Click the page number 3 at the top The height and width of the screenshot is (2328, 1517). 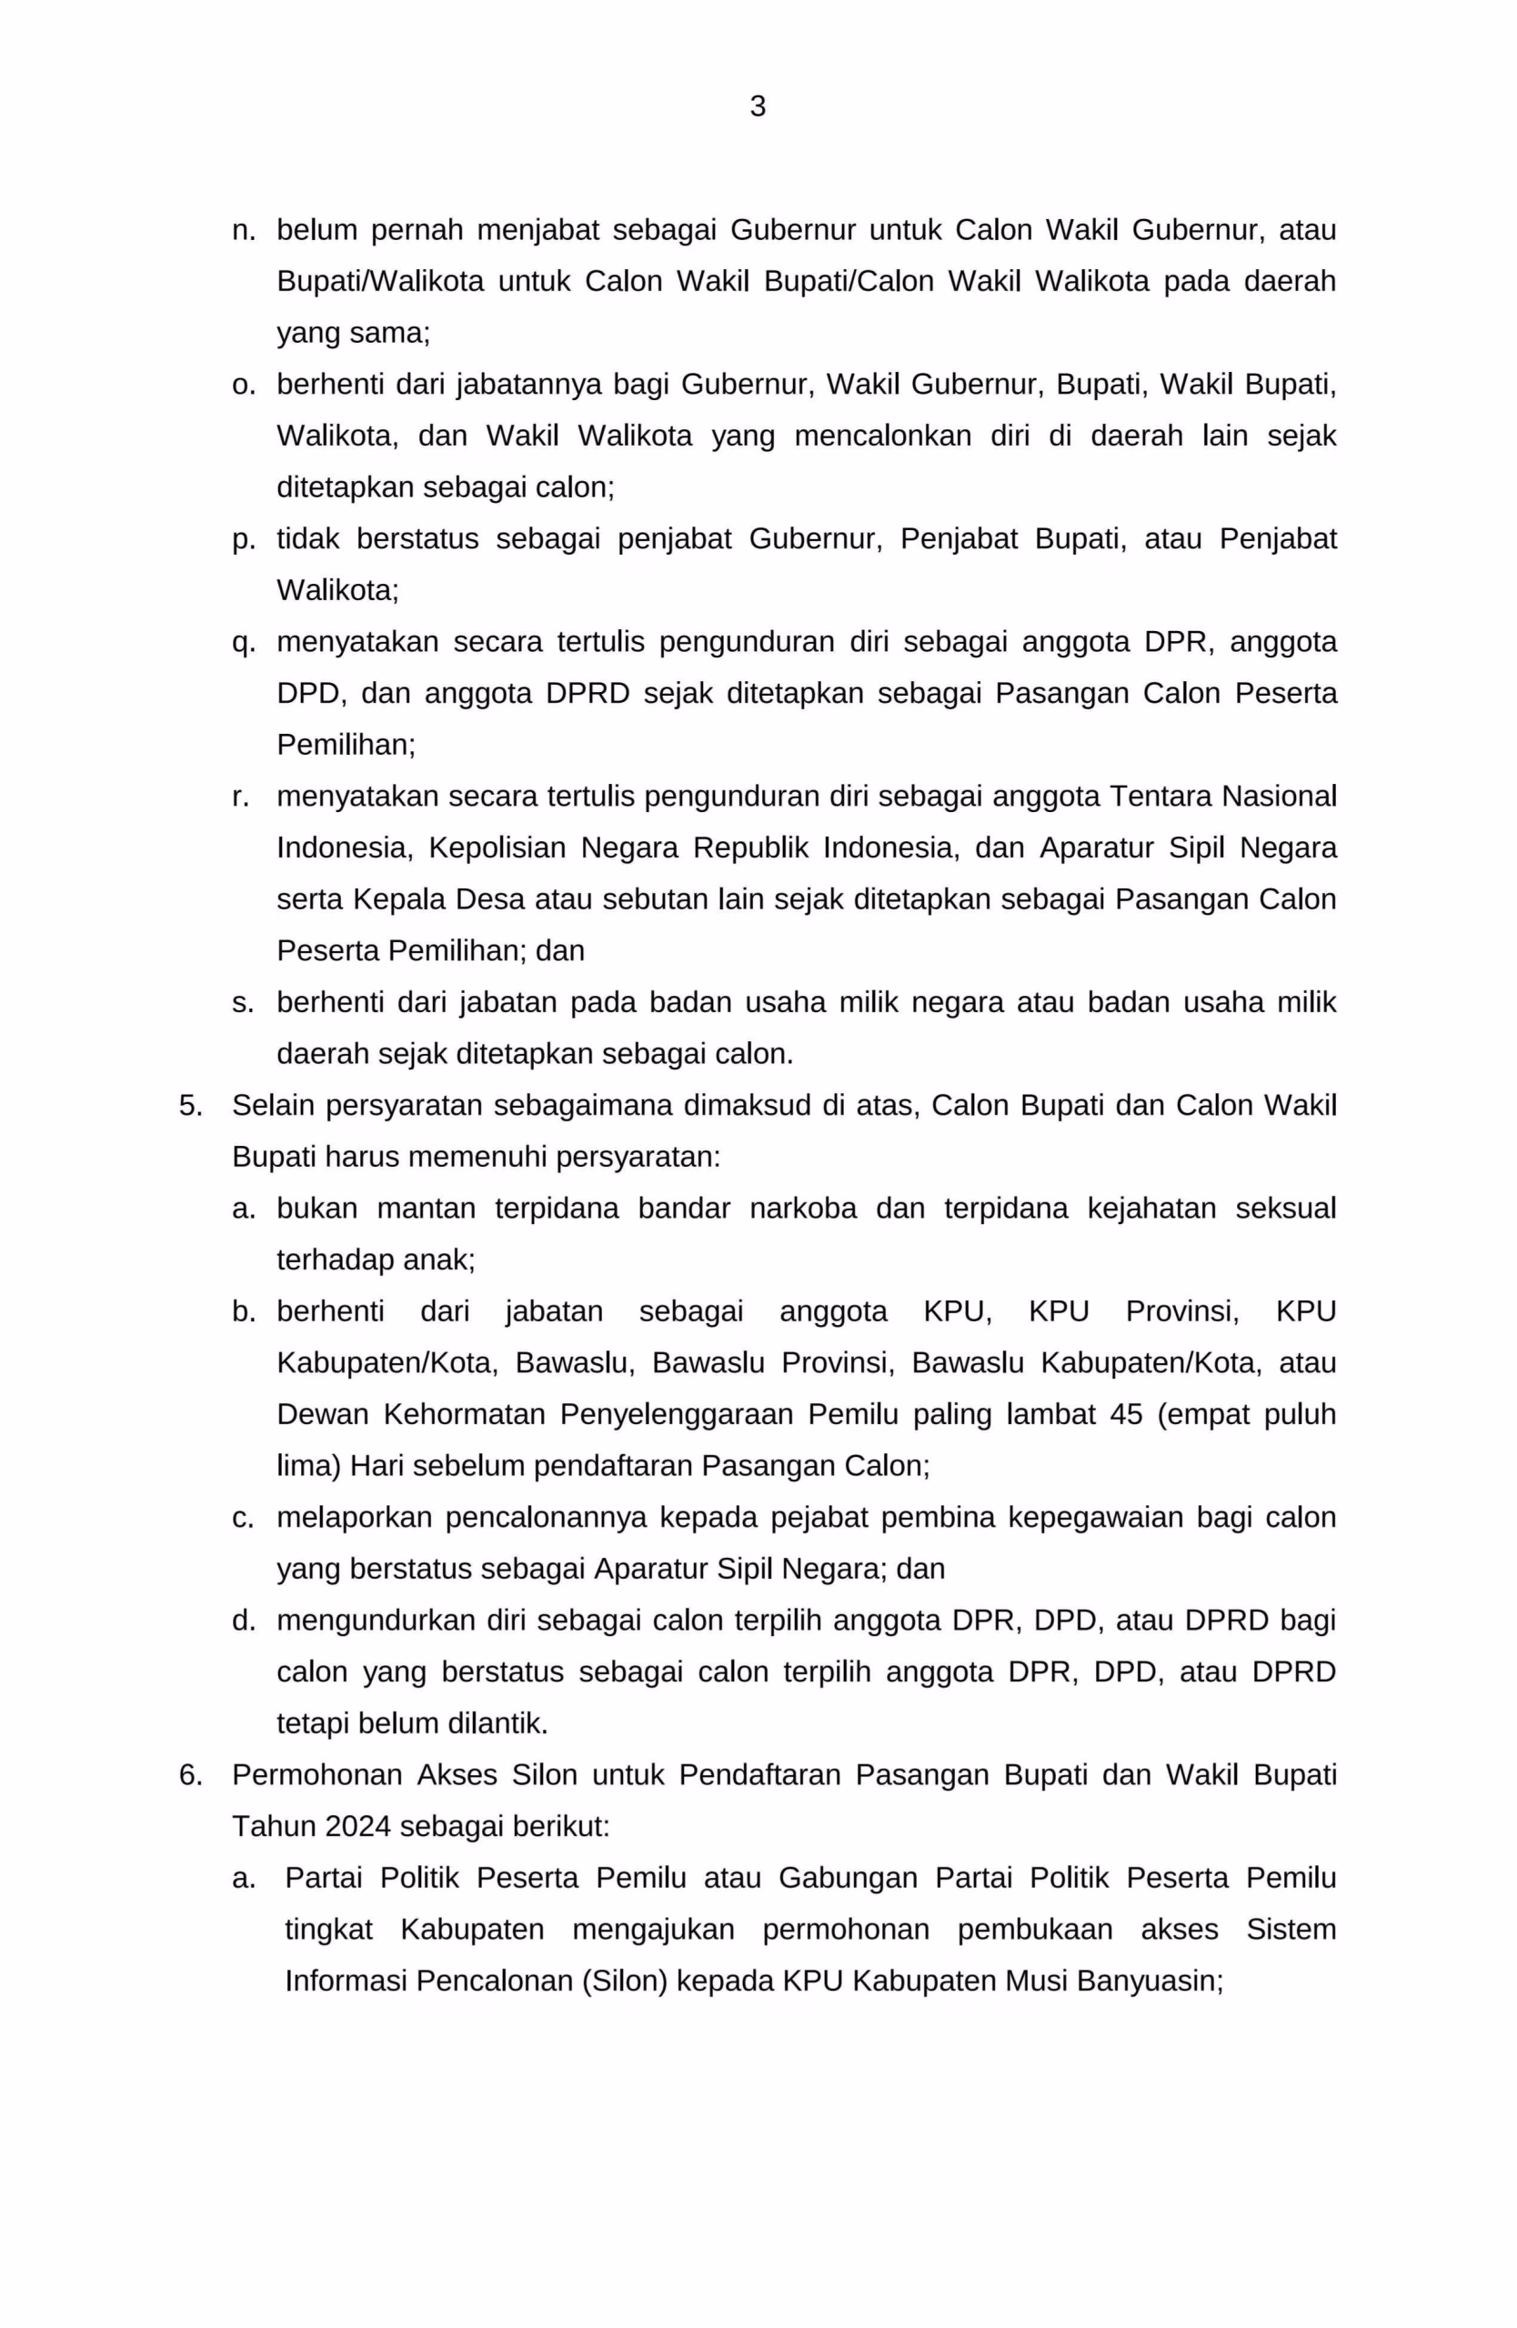point(757,105)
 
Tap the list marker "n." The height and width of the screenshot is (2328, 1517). point(244,231)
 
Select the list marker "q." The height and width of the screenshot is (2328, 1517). point(244,644)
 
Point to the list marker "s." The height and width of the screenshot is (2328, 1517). point(243,1003)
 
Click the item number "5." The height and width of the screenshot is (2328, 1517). point(191,1105)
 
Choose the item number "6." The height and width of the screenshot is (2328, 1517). point(191,1774)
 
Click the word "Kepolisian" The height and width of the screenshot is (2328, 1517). point(497,848)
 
